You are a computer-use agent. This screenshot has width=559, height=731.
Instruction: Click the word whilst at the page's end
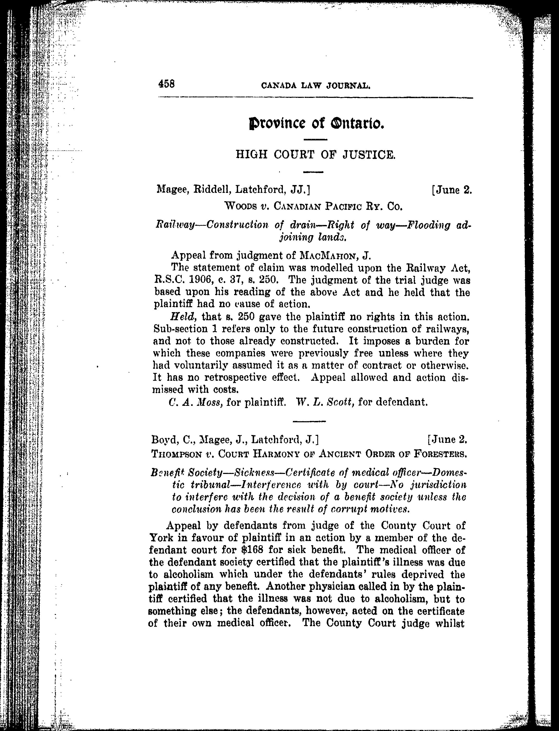click(x=449, y=623)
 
